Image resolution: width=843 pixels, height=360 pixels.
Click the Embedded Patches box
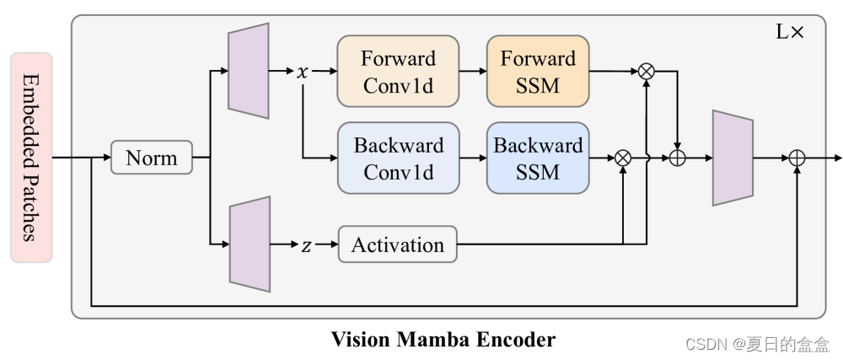31,158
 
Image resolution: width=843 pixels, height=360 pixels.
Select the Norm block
152,158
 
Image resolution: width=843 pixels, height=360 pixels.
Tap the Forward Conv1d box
398,71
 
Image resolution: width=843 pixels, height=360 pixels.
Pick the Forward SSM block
538,71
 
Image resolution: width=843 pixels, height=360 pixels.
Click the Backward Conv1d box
398,158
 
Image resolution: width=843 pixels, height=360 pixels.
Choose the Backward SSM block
538,158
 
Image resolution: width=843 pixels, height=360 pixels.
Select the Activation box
397,245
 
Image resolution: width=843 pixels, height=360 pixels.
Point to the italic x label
303,72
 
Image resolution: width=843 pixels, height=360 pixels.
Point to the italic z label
306,245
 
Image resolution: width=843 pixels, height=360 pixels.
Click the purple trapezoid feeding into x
249,71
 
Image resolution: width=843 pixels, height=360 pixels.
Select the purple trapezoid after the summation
733,158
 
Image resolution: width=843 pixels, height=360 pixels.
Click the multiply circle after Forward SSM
647,72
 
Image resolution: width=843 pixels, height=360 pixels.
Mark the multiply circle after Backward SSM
623,158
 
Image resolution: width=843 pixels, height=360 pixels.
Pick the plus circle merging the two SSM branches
677,158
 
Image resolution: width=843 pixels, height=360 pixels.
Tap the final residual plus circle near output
797,158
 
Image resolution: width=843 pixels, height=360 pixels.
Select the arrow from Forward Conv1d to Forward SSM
472,72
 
